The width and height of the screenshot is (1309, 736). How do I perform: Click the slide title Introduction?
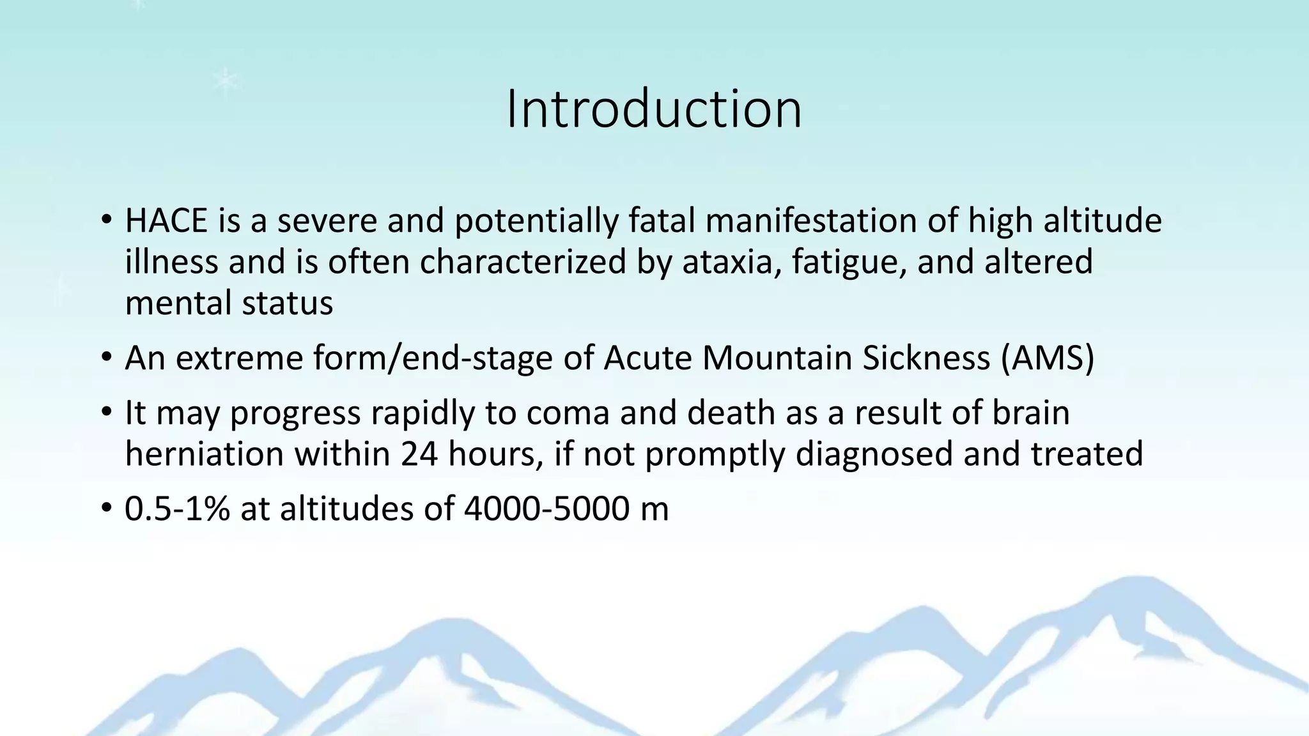(x=654, y=110)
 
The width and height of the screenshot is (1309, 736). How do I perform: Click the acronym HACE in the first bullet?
(x=166, y=221)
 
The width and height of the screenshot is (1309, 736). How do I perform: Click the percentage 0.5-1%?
(x=177, y=509)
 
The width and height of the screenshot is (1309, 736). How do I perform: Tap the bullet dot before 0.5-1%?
(x=106, y=509)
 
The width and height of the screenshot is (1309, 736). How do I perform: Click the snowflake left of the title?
(x=225, y=82)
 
